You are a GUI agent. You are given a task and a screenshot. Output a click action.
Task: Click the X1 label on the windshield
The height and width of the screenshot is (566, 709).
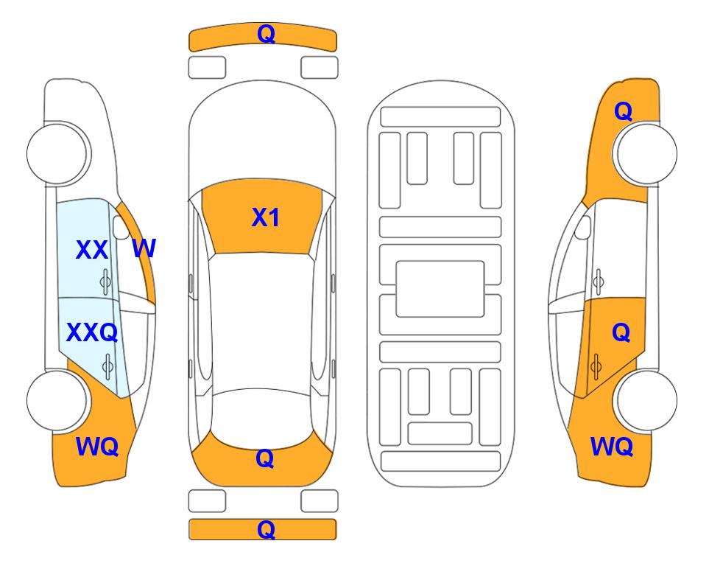pos(266,217)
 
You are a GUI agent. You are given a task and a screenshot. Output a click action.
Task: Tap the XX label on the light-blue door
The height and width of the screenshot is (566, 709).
pos(92,250)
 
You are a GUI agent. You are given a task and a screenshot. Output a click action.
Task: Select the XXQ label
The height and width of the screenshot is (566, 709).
pos(92,333)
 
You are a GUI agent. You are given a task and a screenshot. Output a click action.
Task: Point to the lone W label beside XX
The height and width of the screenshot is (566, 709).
pos(144,248)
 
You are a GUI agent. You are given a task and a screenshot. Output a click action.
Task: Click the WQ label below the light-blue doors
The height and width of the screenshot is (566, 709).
pos(97,447)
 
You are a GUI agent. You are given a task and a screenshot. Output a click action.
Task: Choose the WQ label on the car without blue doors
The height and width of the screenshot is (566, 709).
pos(612,447)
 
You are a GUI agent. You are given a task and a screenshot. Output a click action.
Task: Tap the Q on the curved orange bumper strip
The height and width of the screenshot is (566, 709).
pos(266,34)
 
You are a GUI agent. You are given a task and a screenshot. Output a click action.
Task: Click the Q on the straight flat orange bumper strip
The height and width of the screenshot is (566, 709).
pos(266,529)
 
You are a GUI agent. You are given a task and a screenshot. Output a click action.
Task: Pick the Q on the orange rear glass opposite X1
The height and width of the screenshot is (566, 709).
pos(265,458)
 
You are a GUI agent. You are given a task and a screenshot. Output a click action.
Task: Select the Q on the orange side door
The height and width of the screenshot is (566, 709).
pos(621,333)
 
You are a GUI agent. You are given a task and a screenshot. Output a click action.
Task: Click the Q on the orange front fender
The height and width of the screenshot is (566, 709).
pos(623,111)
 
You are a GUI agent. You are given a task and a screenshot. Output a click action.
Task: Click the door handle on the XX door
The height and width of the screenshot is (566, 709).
pos(105,282)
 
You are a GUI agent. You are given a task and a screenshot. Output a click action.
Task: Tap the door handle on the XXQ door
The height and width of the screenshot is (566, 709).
pos(107,366)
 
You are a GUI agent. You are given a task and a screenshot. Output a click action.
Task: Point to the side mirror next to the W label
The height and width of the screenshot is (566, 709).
pos(120,227)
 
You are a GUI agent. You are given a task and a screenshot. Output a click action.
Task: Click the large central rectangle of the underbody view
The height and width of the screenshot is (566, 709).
pos(440,289)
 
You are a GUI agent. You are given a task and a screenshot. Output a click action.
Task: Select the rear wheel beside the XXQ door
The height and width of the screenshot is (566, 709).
pos(57,400)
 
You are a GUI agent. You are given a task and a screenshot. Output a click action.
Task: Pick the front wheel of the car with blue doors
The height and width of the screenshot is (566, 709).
pos(57,154)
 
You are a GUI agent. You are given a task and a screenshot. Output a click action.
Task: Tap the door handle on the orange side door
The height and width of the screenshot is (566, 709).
pos(596,366)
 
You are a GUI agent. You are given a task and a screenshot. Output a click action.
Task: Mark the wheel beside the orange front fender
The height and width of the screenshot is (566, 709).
pos(647,154)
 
